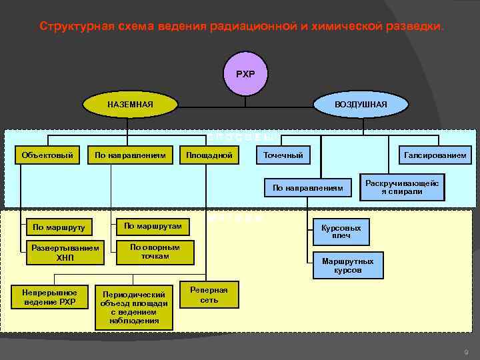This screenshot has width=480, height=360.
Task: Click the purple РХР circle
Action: coord(245,73)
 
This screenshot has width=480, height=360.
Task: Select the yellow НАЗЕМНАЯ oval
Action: coord(130,105)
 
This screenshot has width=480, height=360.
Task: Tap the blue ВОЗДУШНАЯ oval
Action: coord(361,105)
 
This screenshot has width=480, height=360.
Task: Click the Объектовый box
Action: coord(47,155)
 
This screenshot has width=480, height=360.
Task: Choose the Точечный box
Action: coord(283,155)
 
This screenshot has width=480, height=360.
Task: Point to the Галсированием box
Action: coord(435,155)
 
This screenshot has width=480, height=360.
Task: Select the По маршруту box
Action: coord(59,227)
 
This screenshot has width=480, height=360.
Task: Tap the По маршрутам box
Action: coord(153,227)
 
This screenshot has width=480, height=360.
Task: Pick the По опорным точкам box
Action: coord(155,251)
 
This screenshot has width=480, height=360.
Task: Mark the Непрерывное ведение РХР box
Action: coord(49,297)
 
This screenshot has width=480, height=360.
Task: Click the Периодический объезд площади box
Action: coord(135,307)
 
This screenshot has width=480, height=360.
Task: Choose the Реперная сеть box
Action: coord(209,295)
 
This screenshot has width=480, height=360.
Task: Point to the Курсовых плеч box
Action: coord(341,232)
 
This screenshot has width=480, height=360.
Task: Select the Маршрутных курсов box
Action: coord(347,265)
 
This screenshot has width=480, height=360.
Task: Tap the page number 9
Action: coord(465,351)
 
